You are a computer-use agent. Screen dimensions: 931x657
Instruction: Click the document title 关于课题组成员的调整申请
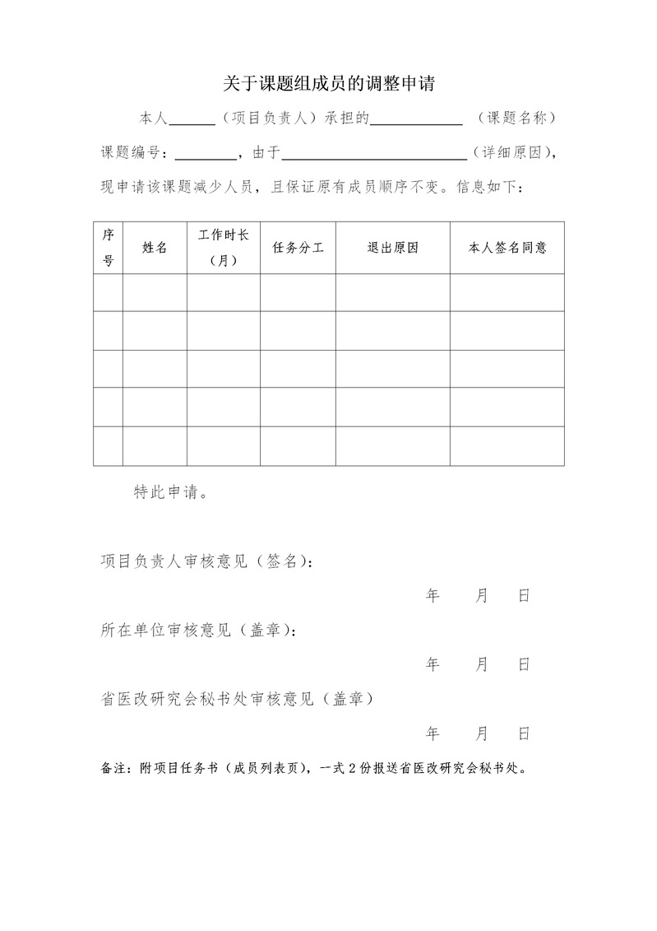328,83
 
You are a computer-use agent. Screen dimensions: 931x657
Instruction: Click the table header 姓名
155,247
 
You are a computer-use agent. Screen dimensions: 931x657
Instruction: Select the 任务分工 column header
298,247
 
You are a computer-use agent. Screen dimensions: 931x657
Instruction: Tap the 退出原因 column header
392,247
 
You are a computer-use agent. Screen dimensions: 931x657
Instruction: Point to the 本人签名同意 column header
507,247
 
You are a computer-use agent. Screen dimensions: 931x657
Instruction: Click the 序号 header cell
108,247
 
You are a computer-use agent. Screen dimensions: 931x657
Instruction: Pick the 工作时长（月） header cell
224,247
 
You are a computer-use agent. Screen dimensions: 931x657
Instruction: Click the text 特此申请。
170,492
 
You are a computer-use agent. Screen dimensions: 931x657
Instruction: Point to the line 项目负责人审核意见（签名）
206,561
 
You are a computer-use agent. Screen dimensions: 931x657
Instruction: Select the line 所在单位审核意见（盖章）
197,630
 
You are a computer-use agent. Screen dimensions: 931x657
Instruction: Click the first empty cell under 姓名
155,292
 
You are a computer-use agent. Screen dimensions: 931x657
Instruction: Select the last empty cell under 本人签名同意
507,446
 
